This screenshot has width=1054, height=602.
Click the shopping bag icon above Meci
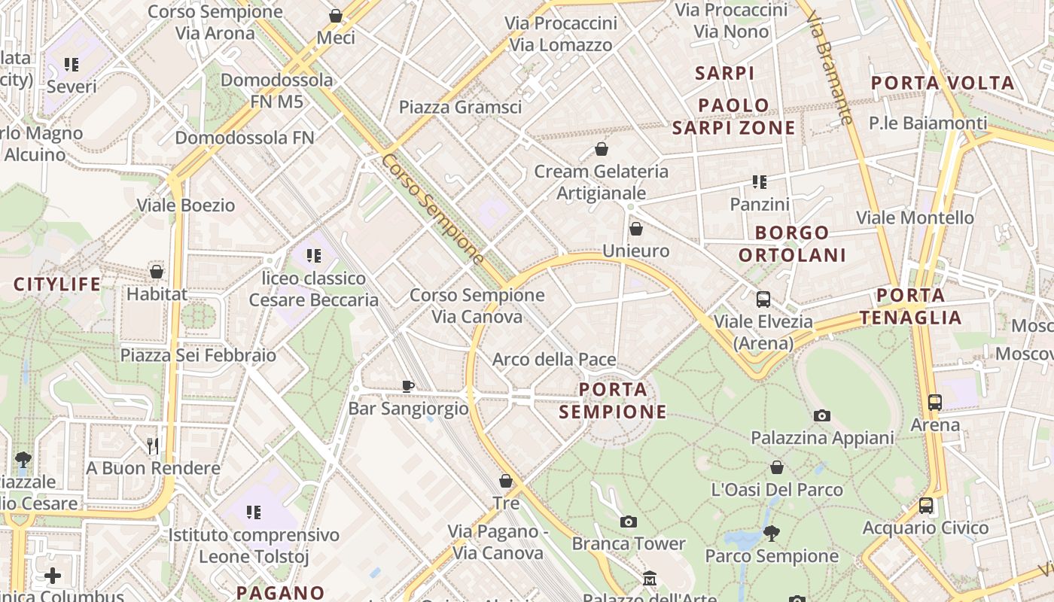[x=336, y=16]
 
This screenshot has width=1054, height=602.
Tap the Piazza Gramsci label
[x=460, y=107]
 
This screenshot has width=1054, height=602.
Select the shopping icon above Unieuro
[x=636, y=229]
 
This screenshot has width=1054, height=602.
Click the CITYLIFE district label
[x=57, y=284]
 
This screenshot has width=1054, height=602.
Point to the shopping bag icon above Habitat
[x=157, y=272]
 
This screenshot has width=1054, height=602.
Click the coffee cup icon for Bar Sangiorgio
[x=407, y=386]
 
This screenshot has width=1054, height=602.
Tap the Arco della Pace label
[x=554, y=360]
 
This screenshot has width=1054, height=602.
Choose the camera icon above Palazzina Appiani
[x=822, y=415]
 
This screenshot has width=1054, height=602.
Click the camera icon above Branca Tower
[x=628, y=521]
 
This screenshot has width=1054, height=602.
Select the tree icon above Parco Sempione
[x=771, y=534]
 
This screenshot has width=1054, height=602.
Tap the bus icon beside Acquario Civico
[x=926, y=506]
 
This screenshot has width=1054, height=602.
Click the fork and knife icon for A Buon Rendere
[x=153, y=446]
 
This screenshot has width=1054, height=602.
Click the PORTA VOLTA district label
[x=943, y=84]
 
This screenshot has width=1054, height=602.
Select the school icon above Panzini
[x=759, y=182]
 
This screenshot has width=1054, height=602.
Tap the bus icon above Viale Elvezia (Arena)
[x=763, y=299]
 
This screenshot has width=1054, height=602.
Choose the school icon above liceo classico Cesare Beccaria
[x=313, y=256]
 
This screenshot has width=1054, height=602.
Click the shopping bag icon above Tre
[x=506, y=481]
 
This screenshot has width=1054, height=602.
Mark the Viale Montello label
[x=915, y=217]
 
